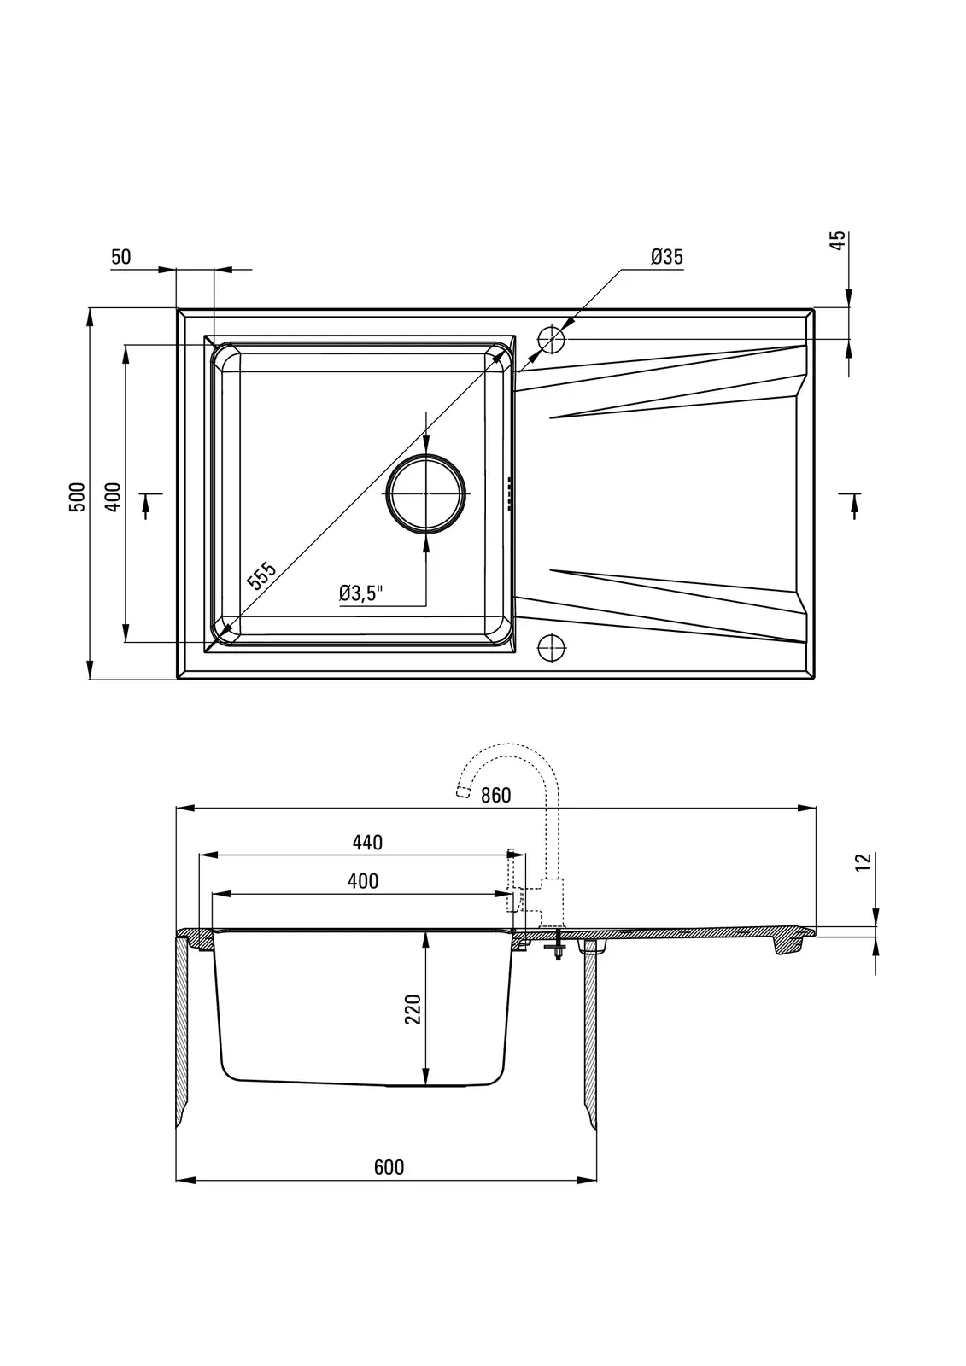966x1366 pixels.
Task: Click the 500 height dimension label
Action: pos(78,496)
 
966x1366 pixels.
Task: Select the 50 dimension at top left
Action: pos(120,257)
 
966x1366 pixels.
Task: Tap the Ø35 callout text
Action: pos(666,257)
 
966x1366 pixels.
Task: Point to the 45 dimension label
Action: pos(839,240)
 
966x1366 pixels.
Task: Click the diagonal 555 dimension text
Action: pos(261,575)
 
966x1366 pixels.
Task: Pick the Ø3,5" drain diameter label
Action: pos(361,593)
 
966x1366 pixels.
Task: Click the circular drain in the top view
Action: pos(426,493)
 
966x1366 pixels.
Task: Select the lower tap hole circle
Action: pos(552,645)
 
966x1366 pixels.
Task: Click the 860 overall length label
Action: pos(495,795)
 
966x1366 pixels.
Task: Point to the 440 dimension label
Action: pos(367,842)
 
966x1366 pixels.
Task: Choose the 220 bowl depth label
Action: pos(413,1009)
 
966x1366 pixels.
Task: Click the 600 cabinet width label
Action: pos(389,1166)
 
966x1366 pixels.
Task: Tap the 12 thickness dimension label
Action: pos(864,861)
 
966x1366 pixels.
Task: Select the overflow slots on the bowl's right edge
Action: pos(507,493)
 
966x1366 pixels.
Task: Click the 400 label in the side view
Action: pos(363,880)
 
